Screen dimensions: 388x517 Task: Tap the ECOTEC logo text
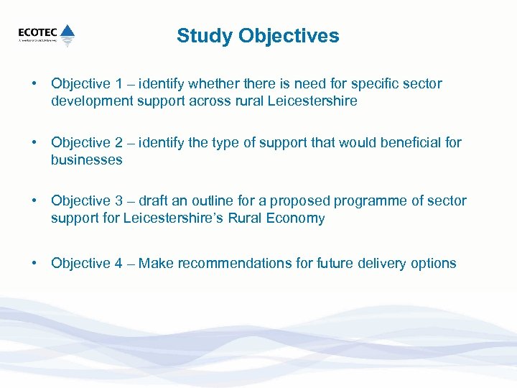tap(38, 32)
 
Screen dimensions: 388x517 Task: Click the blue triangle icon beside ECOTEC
tap(67, 32)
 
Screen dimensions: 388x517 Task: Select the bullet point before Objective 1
tap(34, 84)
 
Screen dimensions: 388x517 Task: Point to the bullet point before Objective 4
tap(34, 264)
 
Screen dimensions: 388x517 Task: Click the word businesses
tap(86, 160)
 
